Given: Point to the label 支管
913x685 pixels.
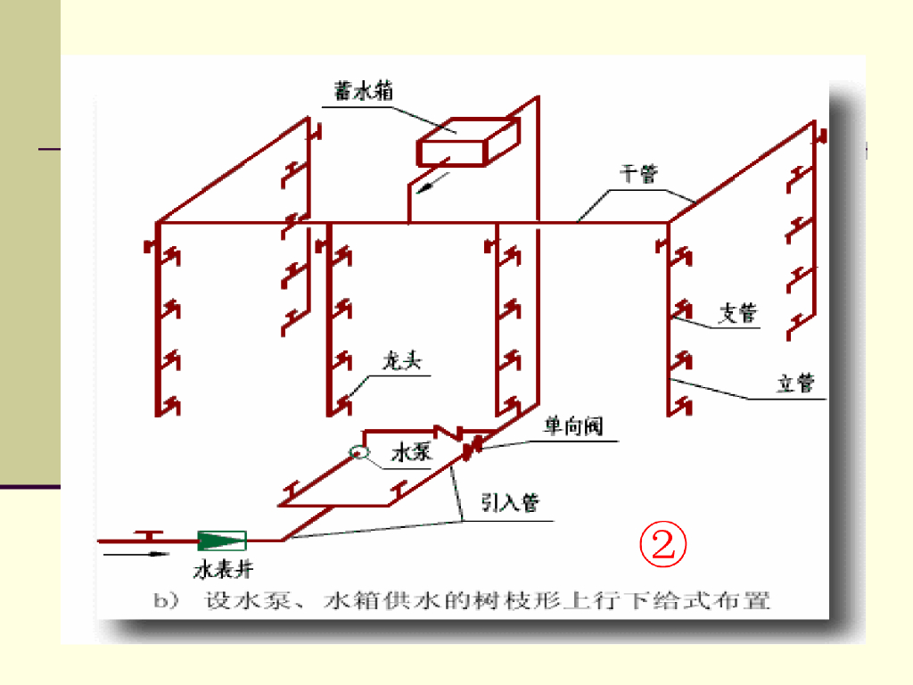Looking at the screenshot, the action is (x=737, y=313).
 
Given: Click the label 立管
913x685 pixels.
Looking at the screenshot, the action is (x=795, y=384).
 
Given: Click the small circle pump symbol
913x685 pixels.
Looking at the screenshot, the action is (x=358, y=452).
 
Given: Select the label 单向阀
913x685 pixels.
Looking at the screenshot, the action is (x=573, y=427).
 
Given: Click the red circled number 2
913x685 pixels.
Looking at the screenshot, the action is (x=662, y=546).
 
